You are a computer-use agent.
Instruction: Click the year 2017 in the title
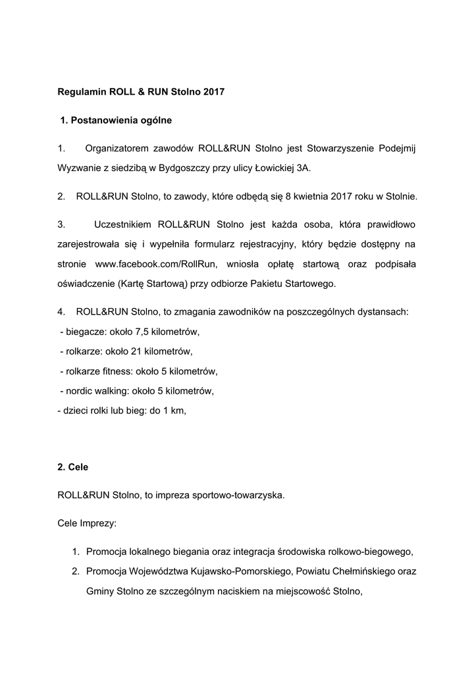[x=214, y=93]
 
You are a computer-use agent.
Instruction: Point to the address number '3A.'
[x=303, y=168]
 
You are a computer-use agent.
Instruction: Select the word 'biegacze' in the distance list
[x=84, y=330]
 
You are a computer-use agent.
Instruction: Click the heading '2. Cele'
[x=72, y=467]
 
